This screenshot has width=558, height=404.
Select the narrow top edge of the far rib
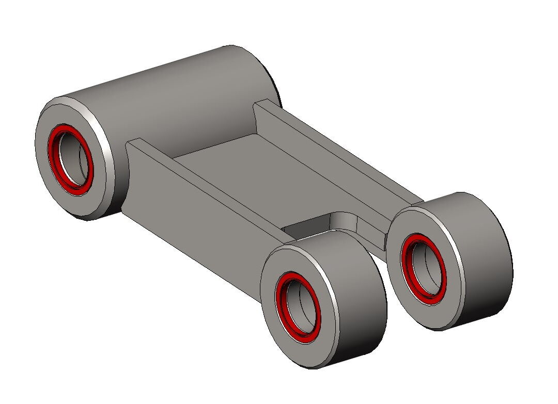coord(341,150)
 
